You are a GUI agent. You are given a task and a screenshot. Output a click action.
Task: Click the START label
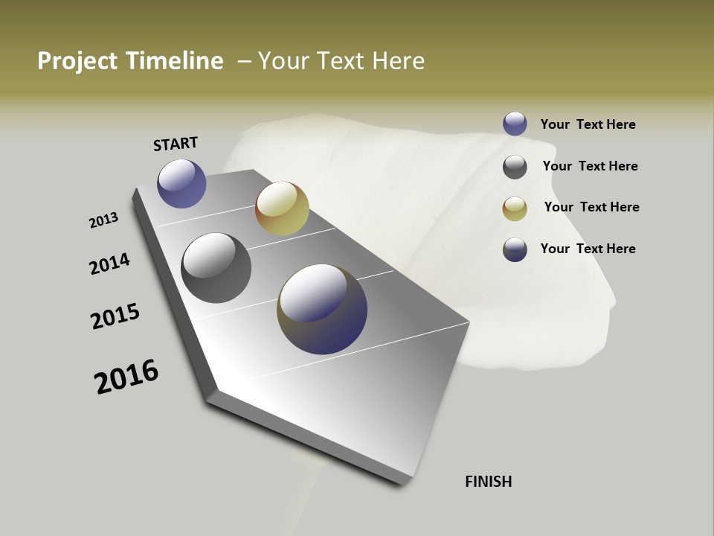click(x=176, y=144)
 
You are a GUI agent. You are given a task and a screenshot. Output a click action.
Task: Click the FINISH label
click(x=489, y=482)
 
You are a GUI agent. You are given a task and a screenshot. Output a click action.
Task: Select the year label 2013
click(x=104, y=220)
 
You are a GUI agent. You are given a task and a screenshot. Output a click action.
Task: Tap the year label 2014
click(x=110, y=264)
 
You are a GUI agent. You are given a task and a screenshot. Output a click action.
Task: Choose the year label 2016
click(x=126, y=377)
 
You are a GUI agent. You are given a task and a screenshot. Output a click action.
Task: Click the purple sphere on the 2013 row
click(x=181, y=183)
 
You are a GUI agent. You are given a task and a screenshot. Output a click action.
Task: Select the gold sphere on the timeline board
click(x=282, y=208)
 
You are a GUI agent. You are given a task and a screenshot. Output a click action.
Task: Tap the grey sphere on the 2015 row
click(x=216, y=268)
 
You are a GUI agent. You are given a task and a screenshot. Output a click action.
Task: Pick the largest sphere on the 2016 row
click(x=322, y=309)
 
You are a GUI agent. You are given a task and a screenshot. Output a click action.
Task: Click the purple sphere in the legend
click(x=515, y=124)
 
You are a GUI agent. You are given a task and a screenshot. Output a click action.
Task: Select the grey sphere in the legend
click(x=515, y=167)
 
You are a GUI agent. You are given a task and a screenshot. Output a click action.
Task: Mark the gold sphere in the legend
click(x=515, y=208)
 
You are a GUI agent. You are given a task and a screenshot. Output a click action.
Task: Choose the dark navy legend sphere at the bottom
click(x=515, y=249)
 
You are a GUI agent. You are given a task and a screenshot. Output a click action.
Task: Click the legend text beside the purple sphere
click(x=588, y=124)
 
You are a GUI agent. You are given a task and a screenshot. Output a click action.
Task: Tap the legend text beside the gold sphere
click(x=591, y=207)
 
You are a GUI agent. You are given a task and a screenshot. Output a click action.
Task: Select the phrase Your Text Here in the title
click(x=341, y=61)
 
